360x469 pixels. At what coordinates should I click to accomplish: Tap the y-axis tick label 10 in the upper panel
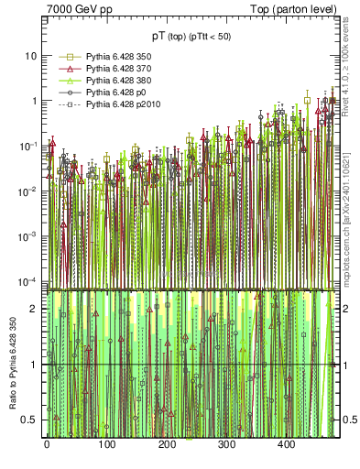tap(31, 56)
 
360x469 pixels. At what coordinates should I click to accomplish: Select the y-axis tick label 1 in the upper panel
tap(34, 101)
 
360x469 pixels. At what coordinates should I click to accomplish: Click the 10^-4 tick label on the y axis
tap(28, 280)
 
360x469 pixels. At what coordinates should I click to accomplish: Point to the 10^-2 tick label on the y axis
tap(28, 191)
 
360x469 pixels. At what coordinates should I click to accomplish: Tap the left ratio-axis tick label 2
tap(34, 309)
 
